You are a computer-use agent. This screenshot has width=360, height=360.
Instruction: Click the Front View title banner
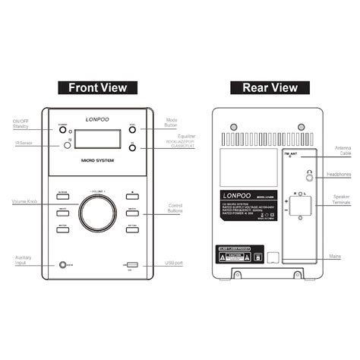coord(97,87)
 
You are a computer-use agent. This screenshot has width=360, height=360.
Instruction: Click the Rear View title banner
coord(270,87)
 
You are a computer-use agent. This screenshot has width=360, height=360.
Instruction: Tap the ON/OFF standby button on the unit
coord(61,128)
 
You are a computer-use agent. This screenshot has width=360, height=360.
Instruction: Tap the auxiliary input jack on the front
coord(62,264)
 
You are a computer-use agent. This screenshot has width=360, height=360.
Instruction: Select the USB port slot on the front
coord(131,264)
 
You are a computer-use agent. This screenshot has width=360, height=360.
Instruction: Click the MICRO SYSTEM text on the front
coord(96,161)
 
